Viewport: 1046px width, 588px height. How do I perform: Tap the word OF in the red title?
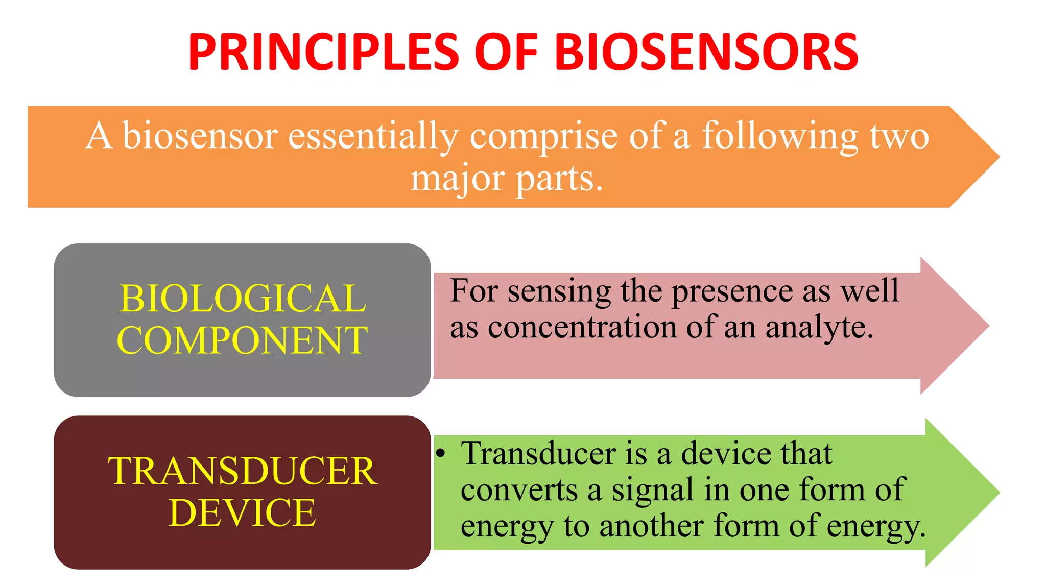(506, 52)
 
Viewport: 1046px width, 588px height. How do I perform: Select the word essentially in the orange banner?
(373, 136)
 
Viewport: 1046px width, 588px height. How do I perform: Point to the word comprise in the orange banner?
(543, 136)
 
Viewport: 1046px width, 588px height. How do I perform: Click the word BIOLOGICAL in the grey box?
(243, 299)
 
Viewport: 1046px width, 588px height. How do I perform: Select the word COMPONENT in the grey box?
(243, 340)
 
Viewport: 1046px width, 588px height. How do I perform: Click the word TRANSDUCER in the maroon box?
(243, 471)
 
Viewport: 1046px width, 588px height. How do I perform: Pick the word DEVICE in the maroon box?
(243, 512)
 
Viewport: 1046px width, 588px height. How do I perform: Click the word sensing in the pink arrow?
(559, 292)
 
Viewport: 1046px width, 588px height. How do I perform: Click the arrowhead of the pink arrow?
(955, 326)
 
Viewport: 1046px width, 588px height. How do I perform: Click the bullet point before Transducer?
(441, 453)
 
